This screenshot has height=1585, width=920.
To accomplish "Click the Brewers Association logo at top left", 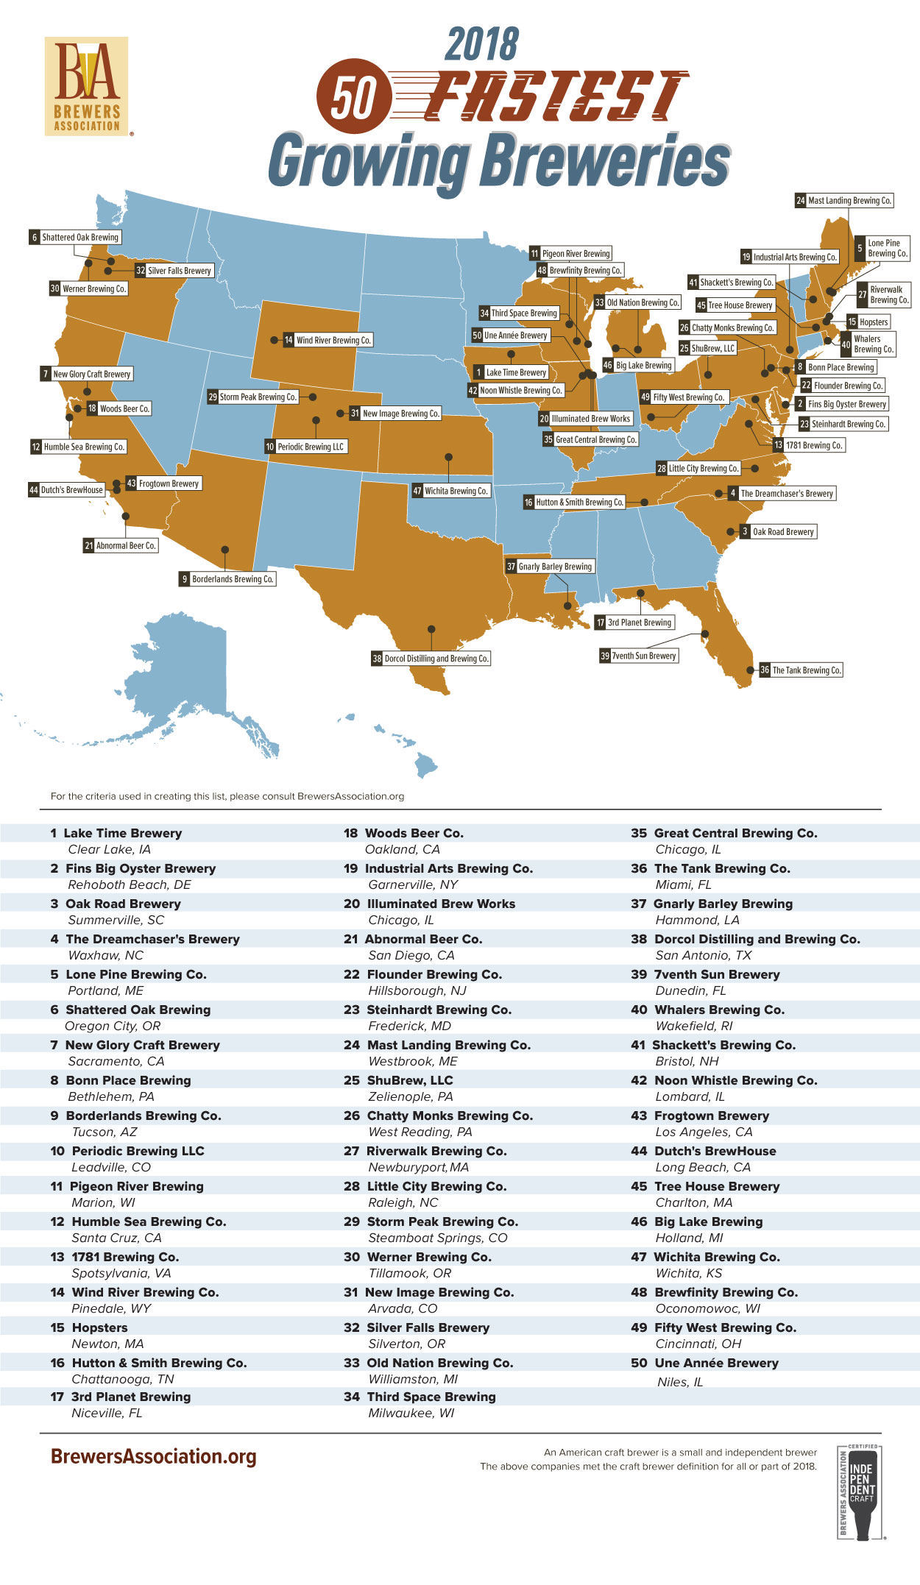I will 87,86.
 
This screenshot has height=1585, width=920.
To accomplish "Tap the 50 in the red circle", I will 353,96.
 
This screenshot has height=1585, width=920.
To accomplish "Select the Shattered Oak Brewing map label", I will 75,238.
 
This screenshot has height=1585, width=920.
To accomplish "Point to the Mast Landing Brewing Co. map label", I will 844,200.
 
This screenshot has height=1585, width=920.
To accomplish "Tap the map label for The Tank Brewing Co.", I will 801,670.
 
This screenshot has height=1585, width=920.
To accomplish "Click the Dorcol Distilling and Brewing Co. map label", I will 431,659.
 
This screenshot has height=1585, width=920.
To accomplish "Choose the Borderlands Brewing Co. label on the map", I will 227,579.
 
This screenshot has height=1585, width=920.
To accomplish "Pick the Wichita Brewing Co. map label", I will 450,491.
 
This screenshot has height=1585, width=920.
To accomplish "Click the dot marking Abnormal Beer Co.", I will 126,517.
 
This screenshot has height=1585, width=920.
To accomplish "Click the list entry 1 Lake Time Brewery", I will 116,833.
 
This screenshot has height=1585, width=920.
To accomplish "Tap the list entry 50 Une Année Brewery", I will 704,1363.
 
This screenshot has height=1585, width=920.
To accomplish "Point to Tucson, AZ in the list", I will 105,1132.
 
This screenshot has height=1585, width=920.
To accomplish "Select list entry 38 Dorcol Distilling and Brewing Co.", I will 746,939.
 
